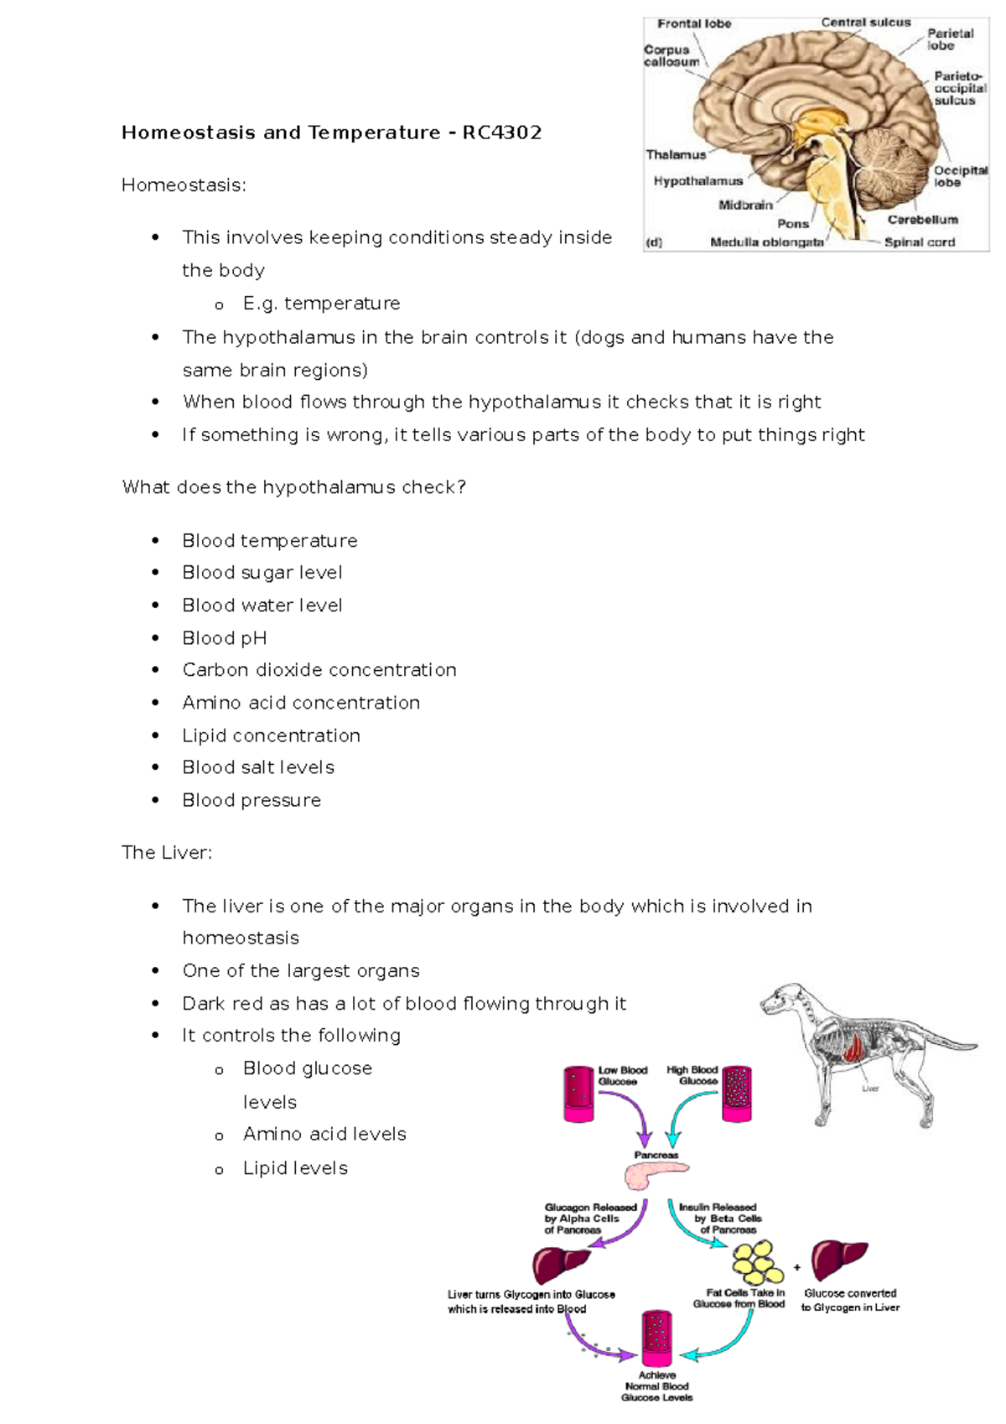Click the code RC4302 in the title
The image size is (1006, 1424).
(x=501, y=133)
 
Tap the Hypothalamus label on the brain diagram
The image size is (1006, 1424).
(x=697, y=181)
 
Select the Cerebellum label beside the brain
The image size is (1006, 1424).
(x=922, y=220)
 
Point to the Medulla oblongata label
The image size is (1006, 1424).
(x=766, y=242)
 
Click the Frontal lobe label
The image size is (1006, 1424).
(x=693, y=23)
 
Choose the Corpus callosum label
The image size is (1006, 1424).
(x=671, y=56)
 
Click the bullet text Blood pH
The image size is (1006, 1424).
(x=224, y=638)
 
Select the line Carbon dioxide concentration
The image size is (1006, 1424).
(x=319, y=670)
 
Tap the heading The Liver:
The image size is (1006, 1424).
(x=167, y=853)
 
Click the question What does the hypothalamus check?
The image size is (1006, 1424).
(x=293, y=487)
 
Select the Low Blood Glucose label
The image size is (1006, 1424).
(x=622, y=1076)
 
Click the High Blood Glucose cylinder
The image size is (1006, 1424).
(x=738, y=1094)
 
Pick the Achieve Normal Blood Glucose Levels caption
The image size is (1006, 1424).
(x=656, y=1386)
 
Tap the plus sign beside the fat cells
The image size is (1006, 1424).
(x=796, y=1267)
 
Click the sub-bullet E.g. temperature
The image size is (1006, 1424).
(x=321, y=304)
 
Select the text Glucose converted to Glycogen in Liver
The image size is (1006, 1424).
(x=849, y=1300)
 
